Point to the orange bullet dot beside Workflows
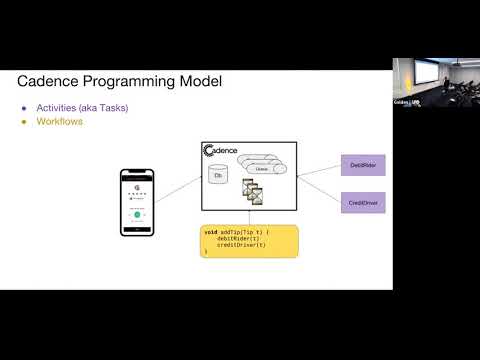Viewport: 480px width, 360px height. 25,122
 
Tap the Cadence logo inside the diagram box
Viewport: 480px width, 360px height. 222,151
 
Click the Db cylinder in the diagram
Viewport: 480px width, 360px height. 218,176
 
